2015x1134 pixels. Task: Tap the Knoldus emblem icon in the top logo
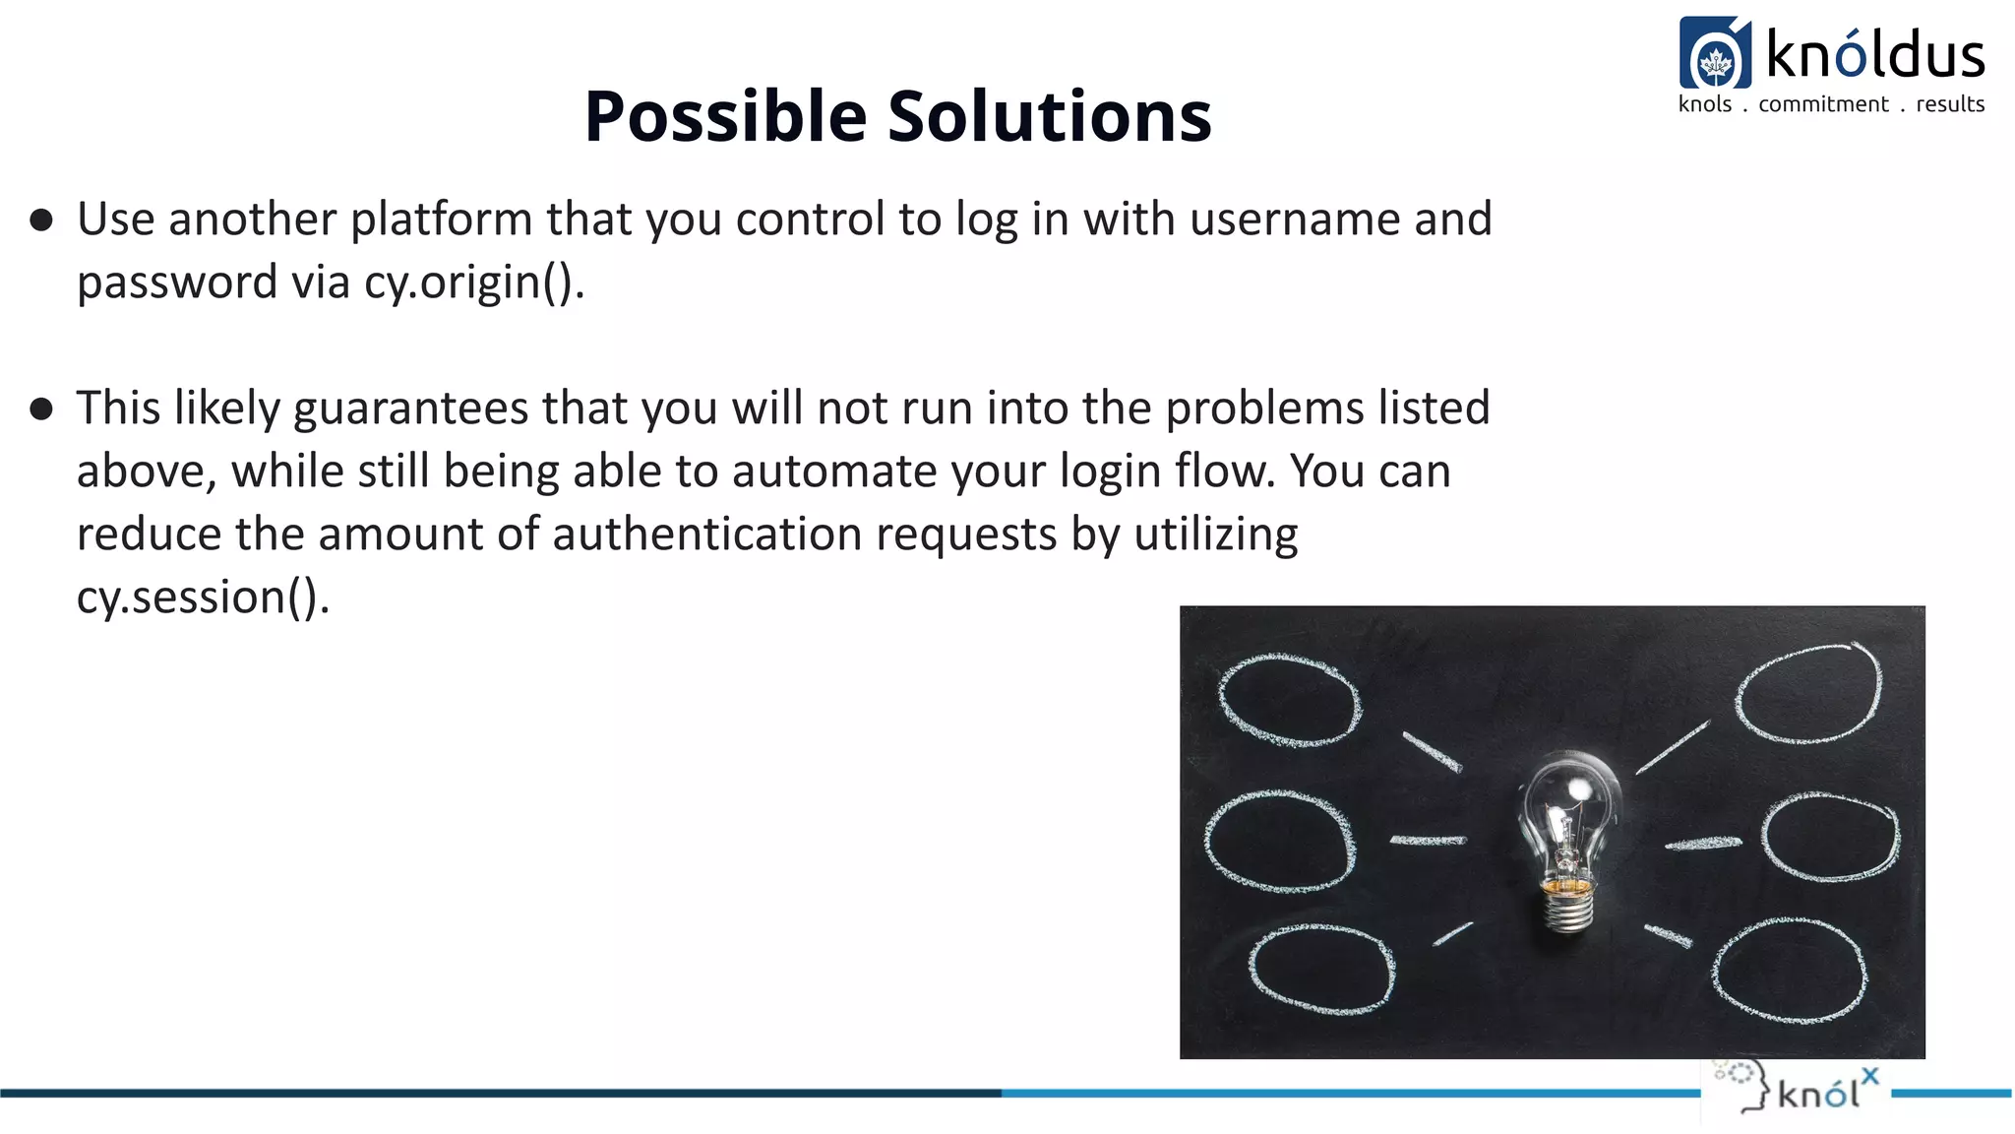point(1715,54)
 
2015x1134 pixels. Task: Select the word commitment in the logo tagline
point(1823,104)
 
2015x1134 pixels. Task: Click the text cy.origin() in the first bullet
point(472,283)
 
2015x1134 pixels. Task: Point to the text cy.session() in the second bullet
point(201,598)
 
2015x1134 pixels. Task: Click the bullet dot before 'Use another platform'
point(41,220)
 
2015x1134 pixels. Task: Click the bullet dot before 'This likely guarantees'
point(41,409)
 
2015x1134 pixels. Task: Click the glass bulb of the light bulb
point(1569,802)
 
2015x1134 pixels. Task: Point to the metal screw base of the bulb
point(1568,906)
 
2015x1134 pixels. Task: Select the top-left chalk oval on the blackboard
point(1290,699)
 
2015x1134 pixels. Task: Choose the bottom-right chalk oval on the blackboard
point(1789,971)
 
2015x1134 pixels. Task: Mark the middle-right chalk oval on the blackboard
point(1830,837)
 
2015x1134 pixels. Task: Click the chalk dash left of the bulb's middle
point(1428,840)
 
